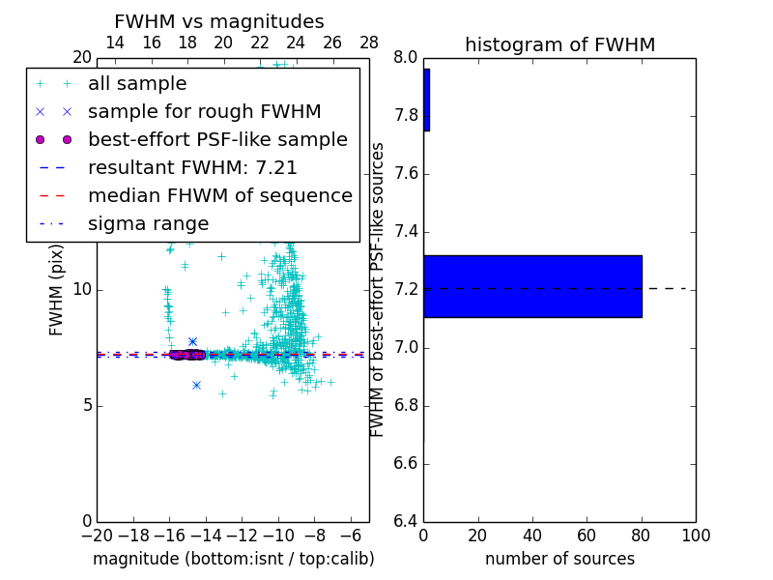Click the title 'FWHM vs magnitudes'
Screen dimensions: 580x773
click(219, 21)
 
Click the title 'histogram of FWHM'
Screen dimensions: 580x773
click(559, 44)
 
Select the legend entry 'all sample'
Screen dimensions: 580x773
click(137, 84)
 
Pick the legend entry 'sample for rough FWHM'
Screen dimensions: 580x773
click(204, 112)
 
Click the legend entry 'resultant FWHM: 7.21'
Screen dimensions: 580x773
click(192, 168)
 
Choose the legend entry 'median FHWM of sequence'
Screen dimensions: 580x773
click(219, 196)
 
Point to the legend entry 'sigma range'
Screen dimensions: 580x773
click(148, 224)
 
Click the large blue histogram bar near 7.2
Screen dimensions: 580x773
click(532, 286)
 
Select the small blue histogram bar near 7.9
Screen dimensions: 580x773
click(426, 100)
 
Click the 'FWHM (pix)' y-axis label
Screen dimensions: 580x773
click(57, 289)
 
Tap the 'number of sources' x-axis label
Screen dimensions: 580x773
click(559, 559)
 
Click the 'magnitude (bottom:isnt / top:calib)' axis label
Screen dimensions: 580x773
click(233, 559)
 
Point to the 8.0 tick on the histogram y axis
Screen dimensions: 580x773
click(406, 58)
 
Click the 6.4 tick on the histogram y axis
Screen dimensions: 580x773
click(406, 521)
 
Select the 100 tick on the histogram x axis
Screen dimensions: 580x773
click(695, 536)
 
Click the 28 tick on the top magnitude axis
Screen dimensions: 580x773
click(369, 43)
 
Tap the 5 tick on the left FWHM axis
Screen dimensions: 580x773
click(84, 405)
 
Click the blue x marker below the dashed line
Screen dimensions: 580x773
click(196, 385)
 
